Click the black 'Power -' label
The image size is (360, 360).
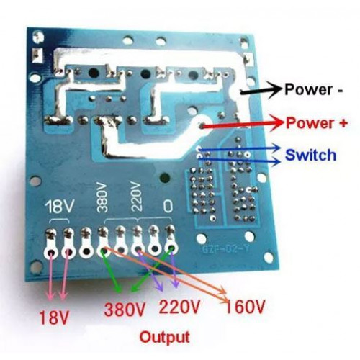coord(314,89)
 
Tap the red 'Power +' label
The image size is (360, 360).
coord(317,123)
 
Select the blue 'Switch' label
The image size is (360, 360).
coord(311,156)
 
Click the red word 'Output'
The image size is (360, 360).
coord(165,338)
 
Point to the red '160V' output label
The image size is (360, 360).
coord(245,307)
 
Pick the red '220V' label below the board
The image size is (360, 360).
coord(179,307)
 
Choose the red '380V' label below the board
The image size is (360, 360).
coord(125,310)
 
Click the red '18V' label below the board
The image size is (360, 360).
coord(54,317)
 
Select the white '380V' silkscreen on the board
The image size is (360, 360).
coord(102,197)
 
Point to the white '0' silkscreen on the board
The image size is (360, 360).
coord(168,206)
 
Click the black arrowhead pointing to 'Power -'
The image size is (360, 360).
coord(274,90)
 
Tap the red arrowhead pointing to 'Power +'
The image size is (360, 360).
coord(276,123)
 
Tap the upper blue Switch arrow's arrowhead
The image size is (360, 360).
coord(276,148)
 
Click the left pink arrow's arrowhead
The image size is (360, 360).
coord(50,295)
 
